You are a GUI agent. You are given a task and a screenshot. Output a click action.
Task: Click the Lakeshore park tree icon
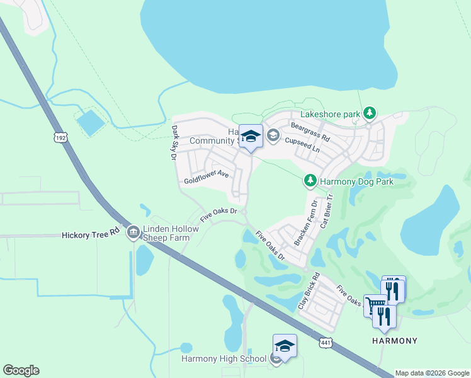point(370,113)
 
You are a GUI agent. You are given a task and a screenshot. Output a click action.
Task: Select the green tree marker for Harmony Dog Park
point(310,181)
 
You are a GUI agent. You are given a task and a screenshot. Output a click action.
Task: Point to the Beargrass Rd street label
point(310,132)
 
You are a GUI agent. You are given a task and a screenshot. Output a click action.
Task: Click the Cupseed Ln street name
point(302,146)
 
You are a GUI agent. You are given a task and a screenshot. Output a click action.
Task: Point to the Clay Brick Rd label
point(309,291)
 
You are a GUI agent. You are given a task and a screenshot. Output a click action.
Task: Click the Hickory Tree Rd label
point(91,234)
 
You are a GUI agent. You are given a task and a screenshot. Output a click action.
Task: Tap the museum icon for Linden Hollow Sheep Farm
point(133,233)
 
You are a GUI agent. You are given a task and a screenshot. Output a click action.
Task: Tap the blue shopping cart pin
point(375,306)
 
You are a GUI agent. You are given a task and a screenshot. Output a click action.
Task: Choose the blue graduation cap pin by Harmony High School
point(285,346)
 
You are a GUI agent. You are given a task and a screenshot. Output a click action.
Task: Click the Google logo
point(21,370)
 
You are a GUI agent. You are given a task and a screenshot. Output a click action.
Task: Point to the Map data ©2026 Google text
point(431,373)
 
